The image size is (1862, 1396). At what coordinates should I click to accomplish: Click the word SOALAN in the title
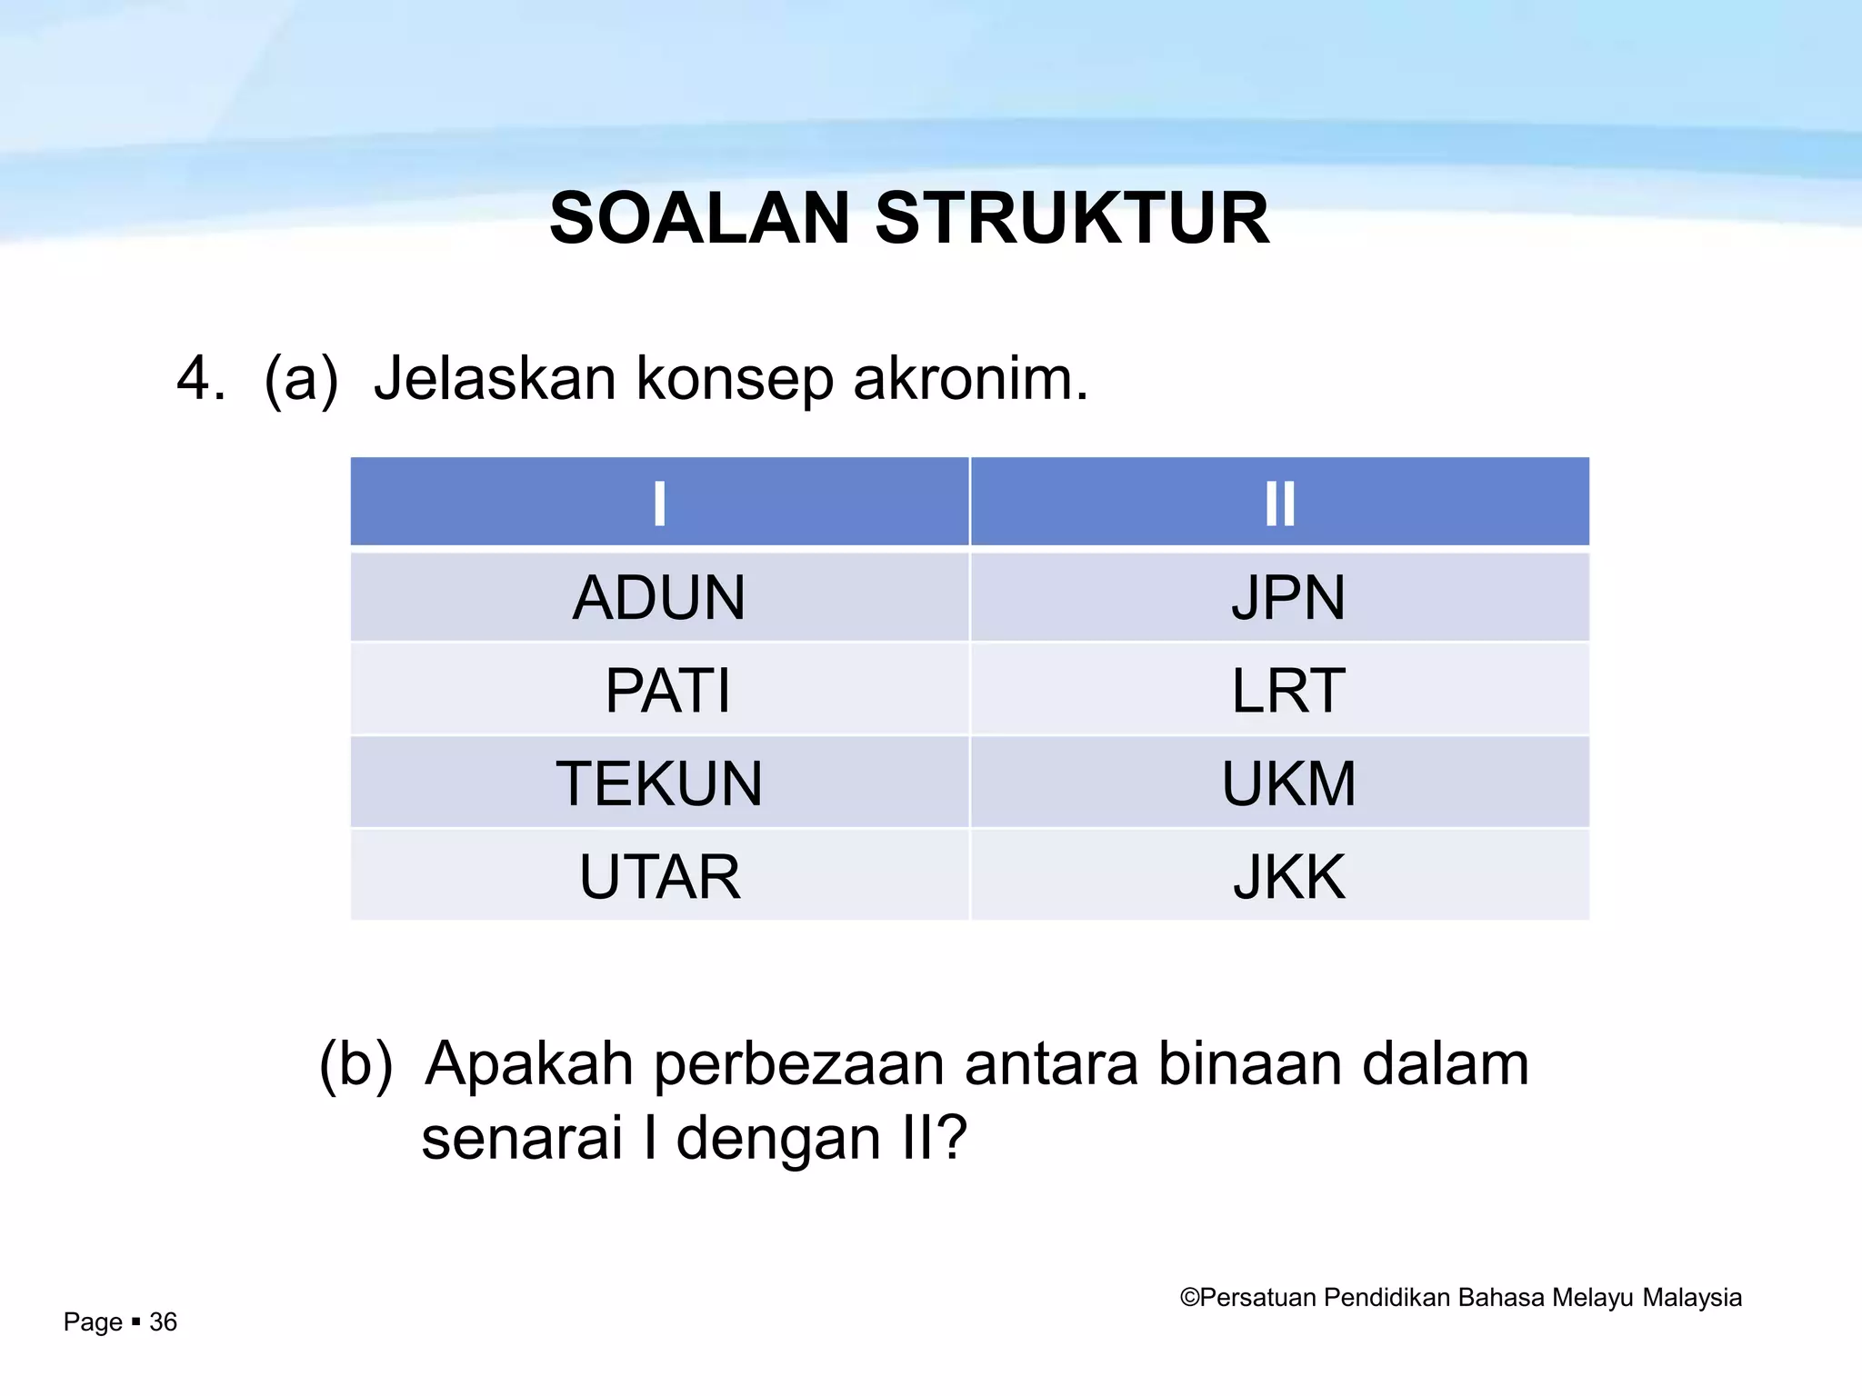tap(699, 219)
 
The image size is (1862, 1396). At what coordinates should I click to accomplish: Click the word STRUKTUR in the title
tap(1072, 219)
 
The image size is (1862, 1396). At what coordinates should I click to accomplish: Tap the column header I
tap(659, 503)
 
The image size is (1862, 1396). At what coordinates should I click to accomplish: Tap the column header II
tap(1279, 503)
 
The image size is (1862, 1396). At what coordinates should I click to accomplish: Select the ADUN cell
tap(659, 598)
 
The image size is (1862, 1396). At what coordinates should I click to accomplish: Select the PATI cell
tap(667, 691)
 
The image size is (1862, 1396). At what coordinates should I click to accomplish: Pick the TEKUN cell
tap(659, 783)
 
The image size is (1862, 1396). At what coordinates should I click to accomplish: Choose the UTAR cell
tap(659, 877)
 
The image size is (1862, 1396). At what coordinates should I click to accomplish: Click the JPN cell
tap(1287, 598)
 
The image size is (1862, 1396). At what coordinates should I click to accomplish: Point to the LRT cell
tap(1287, 691)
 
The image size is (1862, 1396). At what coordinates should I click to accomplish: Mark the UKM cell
tap(1287, 783)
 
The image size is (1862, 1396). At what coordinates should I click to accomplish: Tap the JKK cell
tap(1287, 877)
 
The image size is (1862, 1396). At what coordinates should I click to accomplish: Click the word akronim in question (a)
tap(969, 379)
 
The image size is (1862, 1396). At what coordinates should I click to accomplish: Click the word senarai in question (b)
tap(521, 1138)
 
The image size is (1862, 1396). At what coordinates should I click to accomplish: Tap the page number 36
tap(163, 1321)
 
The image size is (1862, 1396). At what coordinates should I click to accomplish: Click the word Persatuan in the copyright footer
tap(1257, 1298)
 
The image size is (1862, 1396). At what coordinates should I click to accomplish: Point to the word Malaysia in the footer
tap(1692, 1298)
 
